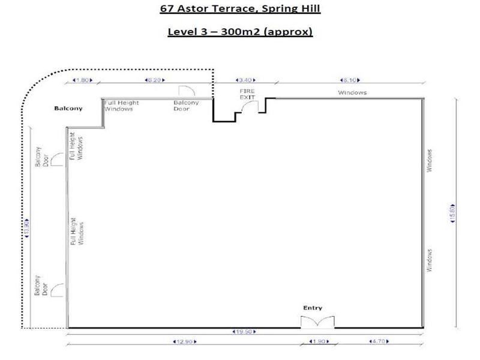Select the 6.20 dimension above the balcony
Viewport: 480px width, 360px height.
[152, 79]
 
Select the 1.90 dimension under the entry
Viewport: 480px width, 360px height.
[317, 342]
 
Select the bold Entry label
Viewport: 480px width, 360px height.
[312, 308]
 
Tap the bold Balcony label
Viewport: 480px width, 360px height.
[68, 109]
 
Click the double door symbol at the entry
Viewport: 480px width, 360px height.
[318, 322]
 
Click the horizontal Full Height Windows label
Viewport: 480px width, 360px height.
[122, 106]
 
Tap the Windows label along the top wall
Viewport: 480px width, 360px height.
[352, 92]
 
